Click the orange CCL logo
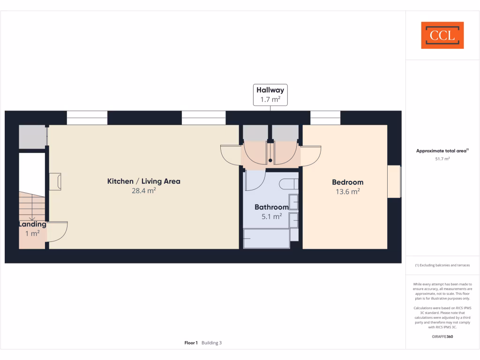[442, 35]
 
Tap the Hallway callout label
[270, 95]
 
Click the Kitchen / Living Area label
[143, 181]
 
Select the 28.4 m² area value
[143, 191]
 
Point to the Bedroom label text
[347, 182]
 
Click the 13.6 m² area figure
[347, 192]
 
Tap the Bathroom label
[271, 207]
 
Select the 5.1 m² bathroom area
[271, 217]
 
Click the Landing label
[32, 225]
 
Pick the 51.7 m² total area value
[442, 159]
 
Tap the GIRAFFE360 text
[442, 337]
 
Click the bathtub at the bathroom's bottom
[266, 238]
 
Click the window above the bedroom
[325, 118]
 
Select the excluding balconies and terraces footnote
[442, 266]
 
